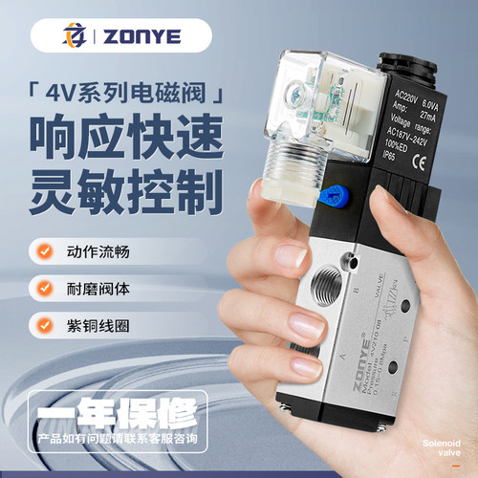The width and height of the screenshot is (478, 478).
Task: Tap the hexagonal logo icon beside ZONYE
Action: tap(71, 36)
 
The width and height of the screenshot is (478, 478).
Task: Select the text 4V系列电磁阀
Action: tap(125, 97)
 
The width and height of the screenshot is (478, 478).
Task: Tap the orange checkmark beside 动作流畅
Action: tap(44, 253)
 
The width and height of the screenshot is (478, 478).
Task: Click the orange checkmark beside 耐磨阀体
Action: tap(44, 287)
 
